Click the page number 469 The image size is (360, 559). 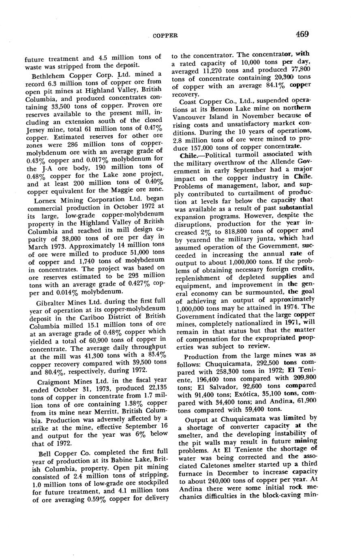[x=302, y=34]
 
